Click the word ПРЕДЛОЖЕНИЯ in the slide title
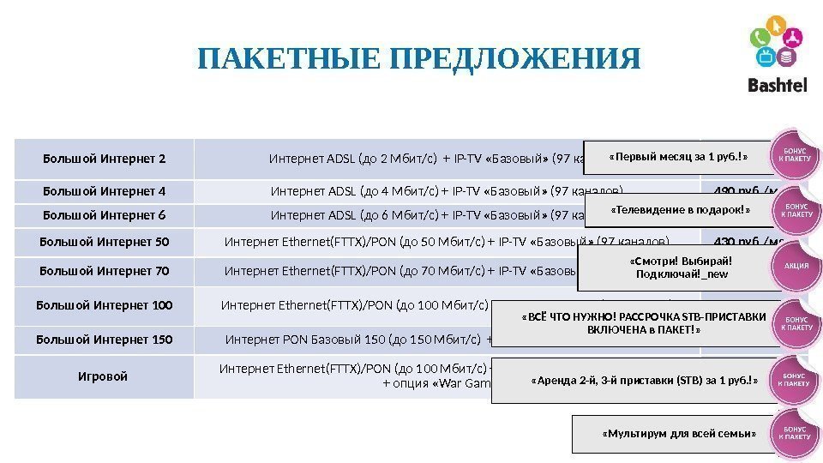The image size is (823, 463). pos(514,60)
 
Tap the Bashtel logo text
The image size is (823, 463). pos(778,85)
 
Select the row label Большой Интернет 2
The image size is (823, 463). pos(104,159)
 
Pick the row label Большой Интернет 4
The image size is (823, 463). pos(104,191)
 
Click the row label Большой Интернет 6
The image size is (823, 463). pos(104,215)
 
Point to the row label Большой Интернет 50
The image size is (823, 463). pos(104,242)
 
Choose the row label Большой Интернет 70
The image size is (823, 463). pos(104,272)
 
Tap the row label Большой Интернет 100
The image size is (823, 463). pos(104,304)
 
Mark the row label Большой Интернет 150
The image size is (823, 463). pos(104,340)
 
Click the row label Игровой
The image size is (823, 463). pos(104,376)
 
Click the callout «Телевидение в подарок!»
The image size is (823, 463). pos(681,210)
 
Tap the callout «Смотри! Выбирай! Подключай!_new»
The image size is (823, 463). pos(678,268)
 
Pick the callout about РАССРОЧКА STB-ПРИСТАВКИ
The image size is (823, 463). pos(644,323)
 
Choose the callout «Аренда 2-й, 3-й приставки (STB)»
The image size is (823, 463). pos(645,382)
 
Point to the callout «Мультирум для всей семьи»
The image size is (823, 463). pos(679,435)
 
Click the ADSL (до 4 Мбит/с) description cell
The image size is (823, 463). pos(446,191)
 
